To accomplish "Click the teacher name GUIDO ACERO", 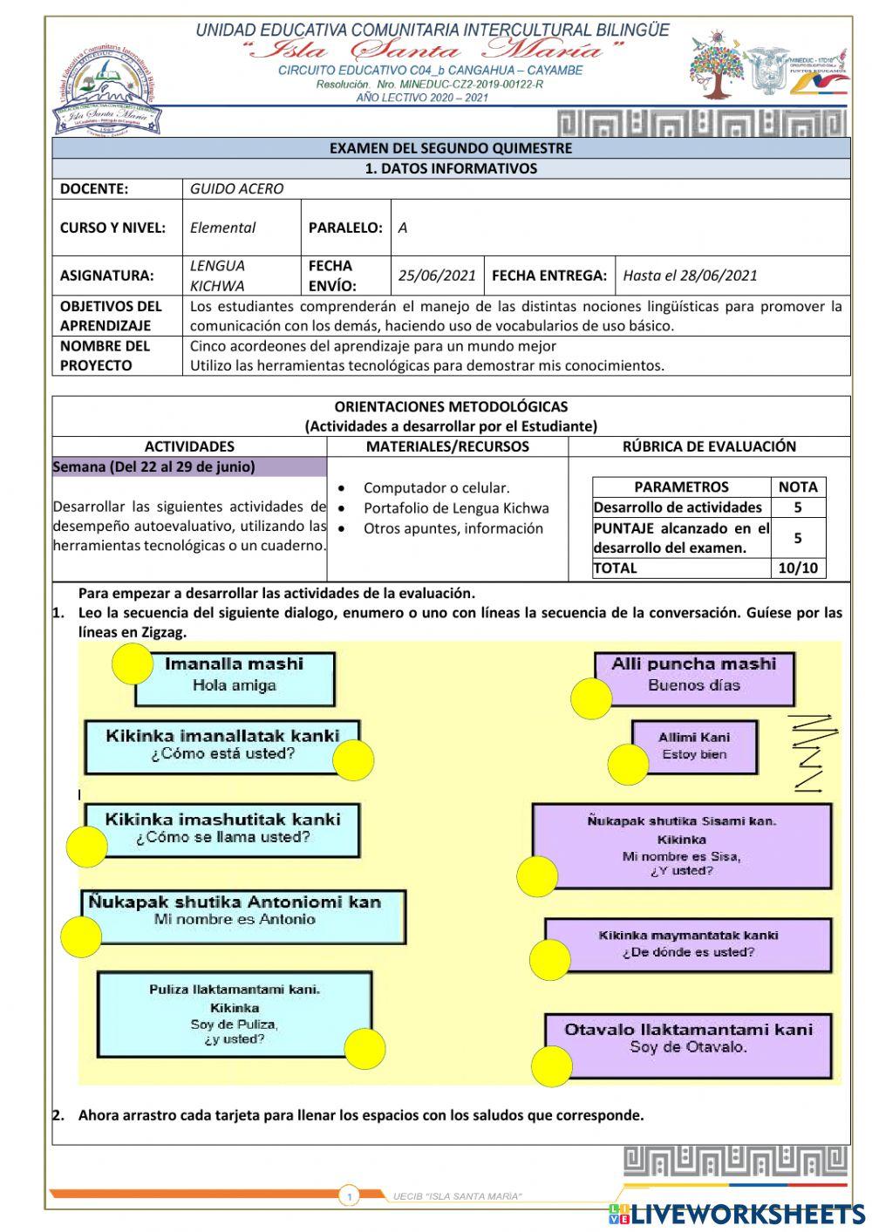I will pyautogui.click(x=236, y=188).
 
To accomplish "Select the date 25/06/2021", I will pyautogui.click(x=437, y=276).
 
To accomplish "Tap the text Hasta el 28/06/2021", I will pyautogui.click(x=690, y=276).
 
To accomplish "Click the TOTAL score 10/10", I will pyautogui.click(x=797, y=568).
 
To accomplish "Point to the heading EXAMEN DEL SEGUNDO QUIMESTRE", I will pyautogui.click(x=450, y=148).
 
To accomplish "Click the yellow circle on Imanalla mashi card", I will pyautogui.click(x=133, y=664).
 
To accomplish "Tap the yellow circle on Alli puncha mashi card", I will pyautogui.click(x=592, y=698).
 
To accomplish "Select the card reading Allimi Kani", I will pyautogui.click(x=694, y=745).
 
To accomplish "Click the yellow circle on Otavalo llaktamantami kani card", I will pyautogui.click(x=552, y=1065).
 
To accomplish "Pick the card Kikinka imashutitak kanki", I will pyautogui.click(x=222, y=829).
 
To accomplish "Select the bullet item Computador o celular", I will pyautogui.click(x=436, y=488).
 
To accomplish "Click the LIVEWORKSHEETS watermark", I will pyautogui.click(x=737, y=1214).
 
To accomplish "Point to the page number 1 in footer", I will pyautogui.click(x=349, y=1197).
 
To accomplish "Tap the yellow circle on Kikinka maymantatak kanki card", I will pyautogui.click(x=549, y=960).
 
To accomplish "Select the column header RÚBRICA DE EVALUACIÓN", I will pyautogui.click(x=709, y=446).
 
